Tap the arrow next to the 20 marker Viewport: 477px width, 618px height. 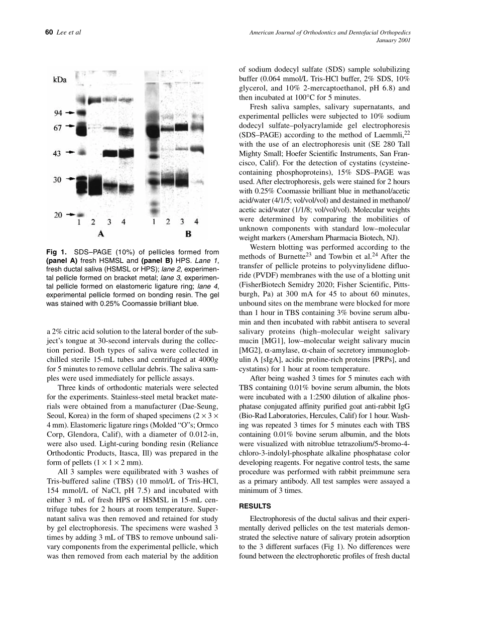71,215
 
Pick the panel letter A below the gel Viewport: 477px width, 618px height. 100,234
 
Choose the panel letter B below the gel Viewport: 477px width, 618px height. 188,234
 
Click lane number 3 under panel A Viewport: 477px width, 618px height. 109,222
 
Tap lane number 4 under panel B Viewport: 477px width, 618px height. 196,222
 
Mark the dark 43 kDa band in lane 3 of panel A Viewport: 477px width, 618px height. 110,153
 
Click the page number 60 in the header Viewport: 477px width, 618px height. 49,33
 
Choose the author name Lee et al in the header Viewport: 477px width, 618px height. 69,33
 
